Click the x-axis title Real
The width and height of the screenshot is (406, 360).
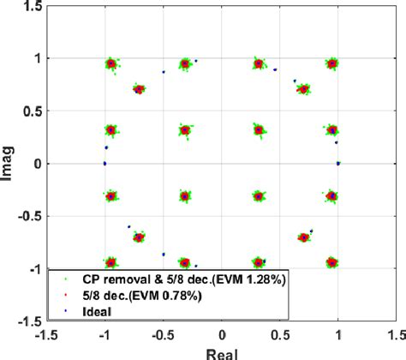[222, 352]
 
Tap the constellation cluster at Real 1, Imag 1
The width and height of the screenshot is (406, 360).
[332, 63]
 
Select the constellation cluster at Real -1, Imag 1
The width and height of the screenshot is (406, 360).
[110, 63]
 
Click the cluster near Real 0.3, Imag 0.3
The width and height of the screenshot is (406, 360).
[258, 129]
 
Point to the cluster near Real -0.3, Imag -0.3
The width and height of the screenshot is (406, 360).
[184, 195]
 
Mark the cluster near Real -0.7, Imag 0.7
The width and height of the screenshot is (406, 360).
[140, 88]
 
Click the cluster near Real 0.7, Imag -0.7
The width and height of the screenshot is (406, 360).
[303, 237]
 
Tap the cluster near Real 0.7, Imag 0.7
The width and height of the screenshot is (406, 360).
[303, 88]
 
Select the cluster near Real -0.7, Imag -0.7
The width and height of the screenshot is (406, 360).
[140, 237]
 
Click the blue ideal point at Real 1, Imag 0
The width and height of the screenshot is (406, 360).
[338, 163]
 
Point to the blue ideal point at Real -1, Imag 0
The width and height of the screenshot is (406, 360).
[104, 163]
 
